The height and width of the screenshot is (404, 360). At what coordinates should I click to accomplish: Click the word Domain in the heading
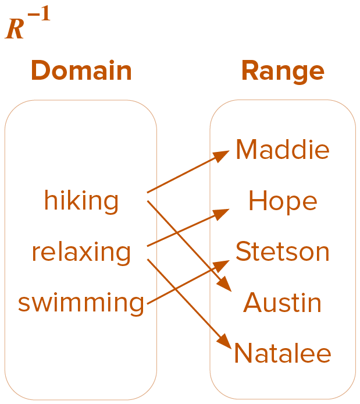point(81,71)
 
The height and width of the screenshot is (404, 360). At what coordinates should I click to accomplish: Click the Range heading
point(283,71)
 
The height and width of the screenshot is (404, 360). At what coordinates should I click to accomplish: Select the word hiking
point(81,201)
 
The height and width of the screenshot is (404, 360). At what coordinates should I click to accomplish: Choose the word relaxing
point(81,252)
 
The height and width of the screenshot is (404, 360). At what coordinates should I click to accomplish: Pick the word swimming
point(81,303)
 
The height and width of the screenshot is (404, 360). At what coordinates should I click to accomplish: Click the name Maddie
point(283,150)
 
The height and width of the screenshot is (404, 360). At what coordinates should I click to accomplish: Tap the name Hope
point(283,201)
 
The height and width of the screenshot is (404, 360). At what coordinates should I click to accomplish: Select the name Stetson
point(283,252)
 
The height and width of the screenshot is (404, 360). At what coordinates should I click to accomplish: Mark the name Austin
point(283,303)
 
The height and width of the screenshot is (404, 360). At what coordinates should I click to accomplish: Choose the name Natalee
point(283,354)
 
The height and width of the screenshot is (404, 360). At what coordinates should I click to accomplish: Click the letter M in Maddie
point(247,150)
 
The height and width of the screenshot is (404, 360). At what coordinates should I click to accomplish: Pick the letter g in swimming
point(136,305)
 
